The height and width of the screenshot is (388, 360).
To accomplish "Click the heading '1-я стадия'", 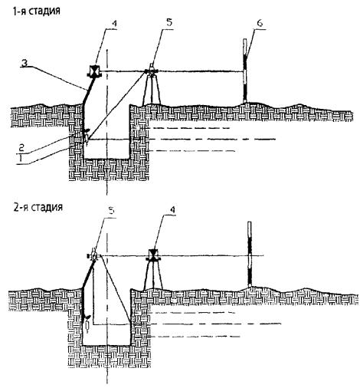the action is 37,11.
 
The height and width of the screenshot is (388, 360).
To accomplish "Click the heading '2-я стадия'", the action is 38,206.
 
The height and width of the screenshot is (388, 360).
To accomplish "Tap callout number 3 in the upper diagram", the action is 25,63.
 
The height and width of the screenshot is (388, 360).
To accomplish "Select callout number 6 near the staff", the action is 260,23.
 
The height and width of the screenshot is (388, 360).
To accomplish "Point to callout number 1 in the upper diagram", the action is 21,158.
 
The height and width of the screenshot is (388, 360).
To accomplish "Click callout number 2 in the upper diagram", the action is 21,147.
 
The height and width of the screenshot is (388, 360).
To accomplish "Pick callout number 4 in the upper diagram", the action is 113,24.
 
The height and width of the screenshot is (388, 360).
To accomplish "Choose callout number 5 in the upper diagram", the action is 169,22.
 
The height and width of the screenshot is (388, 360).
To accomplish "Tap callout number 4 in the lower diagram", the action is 172,209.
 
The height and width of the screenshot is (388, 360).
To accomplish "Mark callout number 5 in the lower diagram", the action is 112,211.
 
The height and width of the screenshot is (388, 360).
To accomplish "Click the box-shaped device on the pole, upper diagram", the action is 94,71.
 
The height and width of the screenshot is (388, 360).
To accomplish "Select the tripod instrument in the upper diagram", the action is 152,84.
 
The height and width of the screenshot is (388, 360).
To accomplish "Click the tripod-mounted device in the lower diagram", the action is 153,270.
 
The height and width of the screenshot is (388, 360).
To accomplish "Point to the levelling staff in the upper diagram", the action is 245,71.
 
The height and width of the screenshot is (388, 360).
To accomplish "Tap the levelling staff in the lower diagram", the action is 250,254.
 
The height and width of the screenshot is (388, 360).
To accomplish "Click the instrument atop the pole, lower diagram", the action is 93,255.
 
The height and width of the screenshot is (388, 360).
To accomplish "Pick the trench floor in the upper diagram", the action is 106,159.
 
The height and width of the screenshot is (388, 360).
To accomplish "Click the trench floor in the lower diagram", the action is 106,346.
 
